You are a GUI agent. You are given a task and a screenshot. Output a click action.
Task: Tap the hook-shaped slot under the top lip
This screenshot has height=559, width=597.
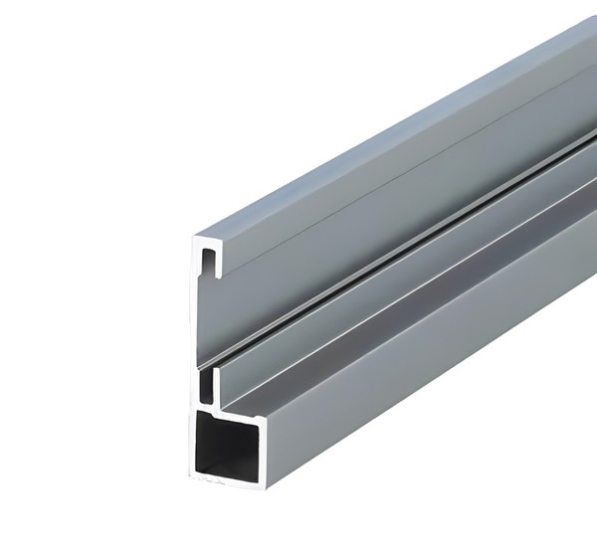(210, 262)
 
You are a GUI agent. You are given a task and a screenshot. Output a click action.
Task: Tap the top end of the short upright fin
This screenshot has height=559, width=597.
(215, 366)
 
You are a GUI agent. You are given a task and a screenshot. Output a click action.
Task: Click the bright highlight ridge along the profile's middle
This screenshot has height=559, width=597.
(398, 242)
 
